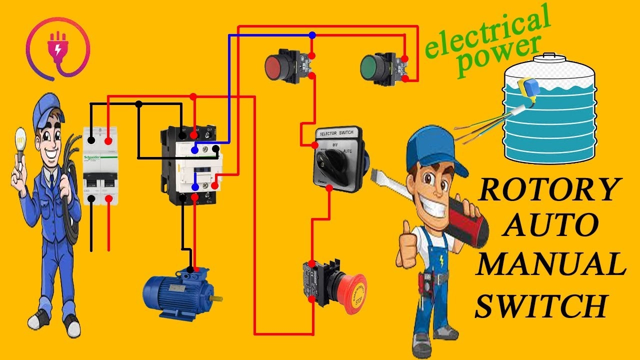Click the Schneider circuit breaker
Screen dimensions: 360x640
[100, 165]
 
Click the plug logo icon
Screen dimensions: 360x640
[59, 48]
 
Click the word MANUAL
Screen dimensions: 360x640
[550, 265]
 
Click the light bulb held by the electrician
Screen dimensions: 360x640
[20, 137]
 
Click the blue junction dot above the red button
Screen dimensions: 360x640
[312, 35]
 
